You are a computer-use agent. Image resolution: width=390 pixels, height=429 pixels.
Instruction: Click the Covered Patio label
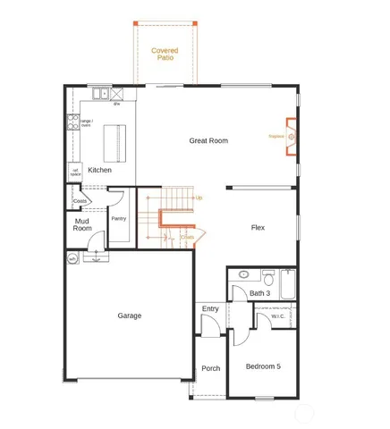click(x=164, y=54)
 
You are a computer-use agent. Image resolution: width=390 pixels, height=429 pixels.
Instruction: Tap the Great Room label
click(x=208, y=140)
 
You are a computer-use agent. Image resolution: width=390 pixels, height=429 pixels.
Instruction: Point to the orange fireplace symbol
click(x=291, y=137)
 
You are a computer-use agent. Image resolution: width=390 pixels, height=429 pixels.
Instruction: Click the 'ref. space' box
click(x=75, y=171)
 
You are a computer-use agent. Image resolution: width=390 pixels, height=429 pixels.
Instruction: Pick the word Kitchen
click(x=100, y=170)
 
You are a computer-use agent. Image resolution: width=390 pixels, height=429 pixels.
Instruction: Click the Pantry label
click(x=118, y=218)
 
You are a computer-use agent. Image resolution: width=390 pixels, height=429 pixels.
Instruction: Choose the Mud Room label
click(x=82, y=224)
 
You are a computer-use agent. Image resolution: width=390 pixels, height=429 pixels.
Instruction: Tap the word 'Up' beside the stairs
click(x=199, y=197)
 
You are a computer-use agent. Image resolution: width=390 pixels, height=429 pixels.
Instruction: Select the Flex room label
click(x=258, y=228)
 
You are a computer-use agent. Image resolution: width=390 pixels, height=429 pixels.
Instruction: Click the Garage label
click(x=129, y=315)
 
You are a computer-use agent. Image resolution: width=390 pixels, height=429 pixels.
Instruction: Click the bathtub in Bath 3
click(x=288, y=285)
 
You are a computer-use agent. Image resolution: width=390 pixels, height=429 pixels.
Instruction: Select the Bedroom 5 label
click(x=263, y=366)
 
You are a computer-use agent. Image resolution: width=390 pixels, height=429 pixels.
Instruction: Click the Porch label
click(x=210, y=368)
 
